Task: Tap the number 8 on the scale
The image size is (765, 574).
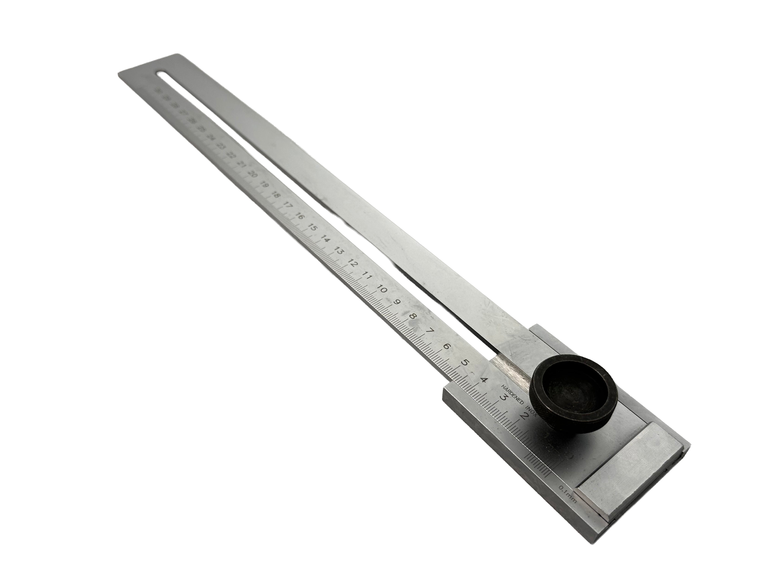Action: coord(412,316)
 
